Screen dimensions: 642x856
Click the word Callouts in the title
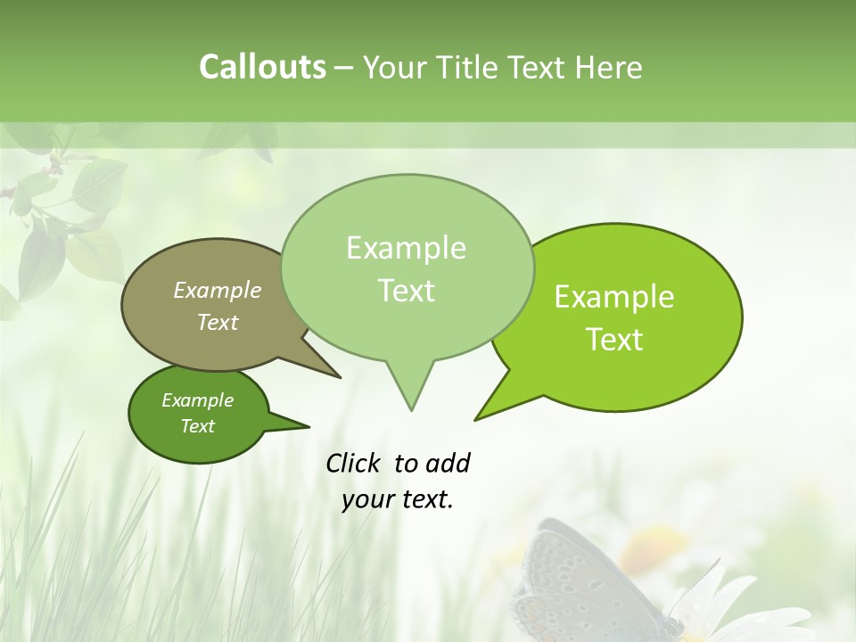262,67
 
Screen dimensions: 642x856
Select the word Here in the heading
610,67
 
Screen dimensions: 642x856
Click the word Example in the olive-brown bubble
218,290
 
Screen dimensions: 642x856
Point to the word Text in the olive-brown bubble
218,322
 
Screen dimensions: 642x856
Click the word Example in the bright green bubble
614,297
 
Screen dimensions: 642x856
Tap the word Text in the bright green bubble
615,340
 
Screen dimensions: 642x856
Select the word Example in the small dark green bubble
197,400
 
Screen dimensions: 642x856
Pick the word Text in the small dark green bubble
198,426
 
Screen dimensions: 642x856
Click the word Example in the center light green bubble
406,248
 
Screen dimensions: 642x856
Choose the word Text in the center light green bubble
407,291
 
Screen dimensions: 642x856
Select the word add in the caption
448,463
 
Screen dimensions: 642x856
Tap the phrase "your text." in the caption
398,499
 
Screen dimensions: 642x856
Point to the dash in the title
345,68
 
